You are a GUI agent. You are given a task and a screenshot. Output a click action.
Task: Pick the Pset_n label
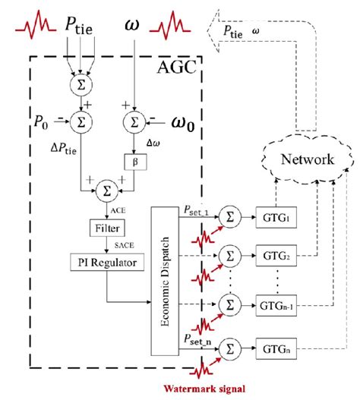pos(196,339)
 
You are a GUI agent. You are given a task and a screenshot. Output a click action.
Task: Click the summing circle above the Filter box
pos(105,186)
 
